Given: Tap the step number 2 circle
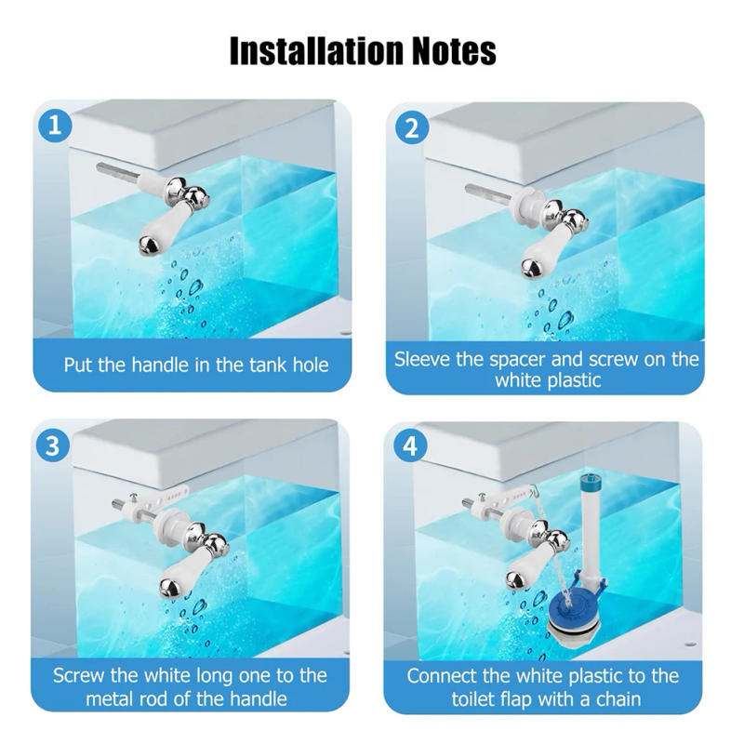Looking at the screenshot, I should point(410,127).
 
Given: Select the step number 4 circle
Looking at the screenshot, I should point(410,445).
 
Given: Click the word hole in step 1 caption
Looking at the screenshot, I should point(306,365).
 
